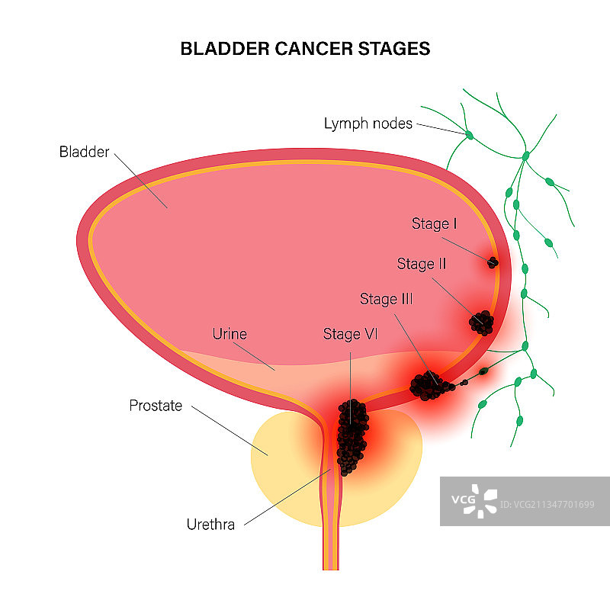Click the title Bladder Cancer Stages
tap(305, 49)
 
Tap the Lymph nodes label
tap(368, 123)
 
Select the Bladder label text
tap(84, 152)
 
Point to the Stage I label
tap(435, 223)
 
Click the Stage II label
tap(422, 264)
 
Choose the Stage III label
tap(387, 299)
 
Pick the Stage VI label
tap(352, 334)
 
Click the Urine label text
tap(230, 334)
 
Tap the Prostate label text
tap(156, 406)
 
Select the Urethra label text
tap(211, 524)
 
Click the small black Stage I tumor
tap(493, 262)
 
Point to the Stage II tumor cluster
tap(481, 323)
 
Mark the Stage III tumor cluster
tap(429, 385)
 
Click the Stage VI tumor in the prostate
tap(351, 436)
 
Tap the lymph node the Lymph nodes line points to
tap(470, 136)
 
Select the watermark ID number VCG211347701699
tap(548, 504)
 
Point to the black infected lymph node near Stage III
tap(483, 372)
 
